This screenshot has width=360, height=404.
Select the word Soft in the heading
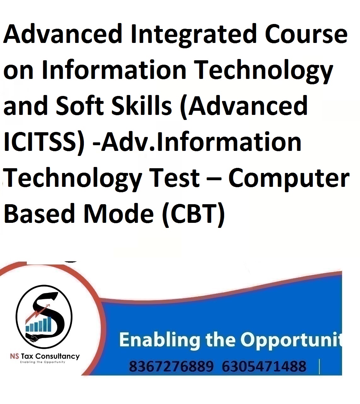(80, 105)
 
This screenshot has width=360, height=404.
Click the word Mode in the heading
(118, 213)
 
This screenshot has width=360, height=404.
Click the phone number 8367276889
(171, 366)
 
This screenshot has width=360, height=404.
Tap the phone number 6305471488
(264, 366)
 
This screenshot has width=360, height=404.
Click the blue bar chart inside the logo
(38, 324)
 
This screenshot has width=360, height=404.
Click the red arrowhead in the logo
(48, 306)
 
